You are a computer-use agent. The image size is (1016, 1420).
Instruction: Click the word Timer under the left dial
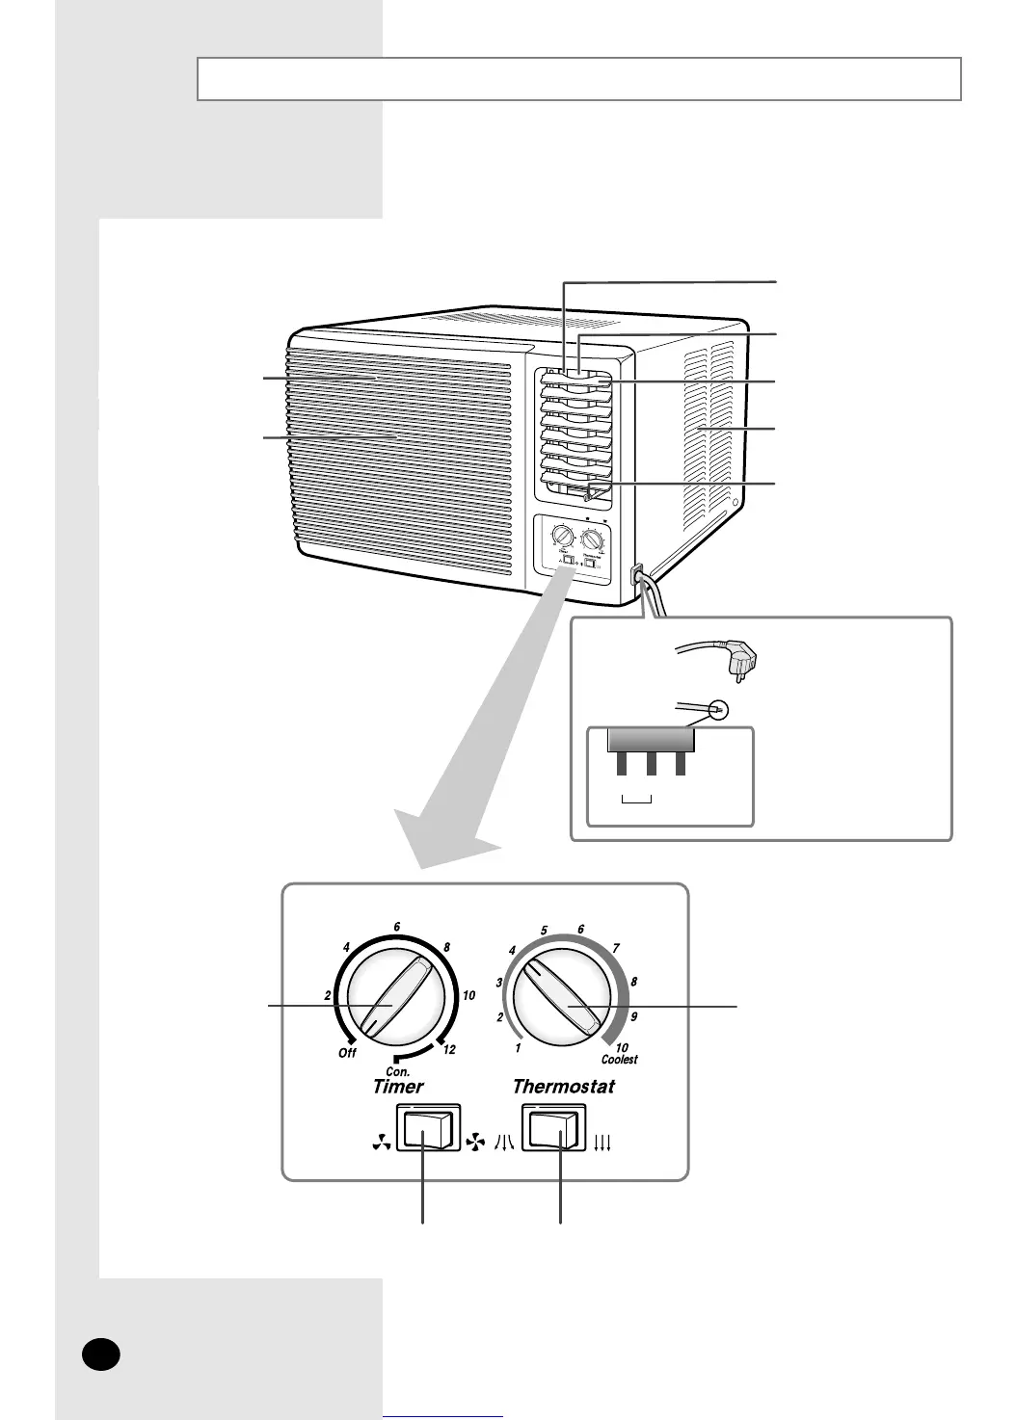click(398, 1087)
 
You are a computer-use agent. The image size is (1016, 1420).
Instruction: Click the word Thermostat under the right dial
click(564, 1087)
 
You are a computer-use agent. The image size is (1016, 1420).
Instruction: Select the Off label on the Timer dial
click(347, 1053)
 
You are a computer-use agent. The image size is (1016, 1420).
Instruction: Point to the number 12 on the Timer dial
click(448, 1050)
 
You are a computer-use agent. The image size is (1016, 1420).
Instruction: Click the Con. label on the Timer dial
click(397, 1070)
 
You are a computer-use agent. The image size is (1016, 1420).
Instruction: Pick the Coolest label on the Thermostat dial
click(620, 1060)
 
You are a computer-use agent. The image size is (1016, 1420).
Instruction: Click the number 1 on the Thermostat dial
click(518, 1048)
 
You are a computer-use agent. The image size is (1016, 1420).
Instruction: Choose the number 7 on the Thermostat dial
click(616, 949)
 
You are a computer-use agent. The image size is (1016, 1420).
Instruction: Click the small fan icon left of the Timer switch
click(376, 1144)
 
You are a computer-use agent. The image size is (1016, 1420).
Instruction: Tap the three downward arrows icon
click(603, 1144)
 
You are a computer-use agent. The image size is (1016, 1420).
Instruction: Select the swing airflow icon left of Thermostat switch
click(504, 1143)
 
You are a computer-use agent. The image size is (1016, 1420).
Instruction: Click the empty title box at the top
click(578, 79)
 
